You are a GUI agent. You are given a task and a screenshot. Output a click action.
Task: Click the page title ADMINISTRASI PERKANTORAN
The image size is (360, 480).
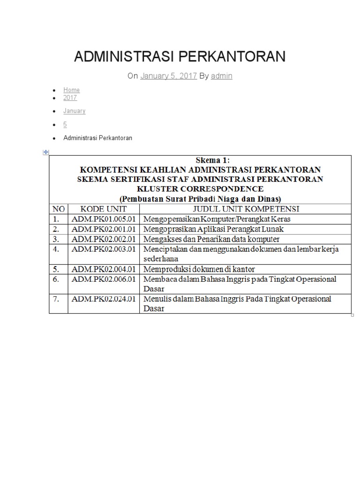tap(180, 57)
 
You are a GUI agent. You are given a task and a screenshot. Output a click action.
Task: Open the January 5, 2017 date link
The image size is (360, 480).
tap(168, 75)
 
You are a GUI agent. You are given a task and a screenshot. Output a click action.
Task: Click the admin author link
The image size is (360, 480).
tap(222, 75)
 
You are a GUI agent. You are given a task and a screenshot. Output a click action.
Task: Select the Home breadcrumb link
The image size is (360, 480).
tap(72, 90)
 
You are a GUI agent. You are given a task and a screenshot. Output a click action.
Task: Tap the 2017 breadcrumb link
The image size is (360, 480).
tap(70, 98)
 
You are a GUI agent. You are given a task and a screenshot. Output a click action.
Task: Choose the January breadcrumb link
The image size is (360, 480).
tap(75, 111)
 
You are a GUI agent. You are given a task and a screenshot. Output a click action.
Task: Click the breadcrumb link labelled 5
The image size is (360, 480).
tap(65, 124)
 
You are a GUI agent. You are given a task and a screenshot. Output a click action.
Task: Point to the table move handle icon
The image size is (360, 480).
tap(46, 152)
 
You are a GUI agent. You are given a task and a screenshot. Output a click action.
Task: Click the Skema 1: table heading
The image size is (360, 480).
tap(200, 160)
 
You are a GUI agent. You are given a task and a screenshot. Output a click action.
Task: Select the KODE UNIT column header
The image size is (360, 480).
tap(104, 209)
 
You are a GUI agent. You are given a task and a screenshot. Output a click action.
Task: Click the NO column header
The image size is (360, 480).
tap(59, 209)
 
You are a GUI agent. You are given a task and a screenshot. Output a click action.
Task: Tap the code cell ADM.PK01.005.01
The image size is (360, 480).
tap(104, 219)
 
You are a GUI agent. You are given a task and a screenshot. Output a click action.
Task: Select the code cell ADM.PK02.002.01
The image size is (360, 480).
tap(104, 239)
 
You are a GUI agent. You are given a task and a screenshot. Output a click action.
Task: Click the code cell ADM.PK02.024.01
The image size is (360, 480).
tap(104, 299)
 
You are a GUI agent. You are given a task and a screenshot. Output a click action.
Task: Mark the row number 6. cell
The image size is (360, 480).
tap(56, 279)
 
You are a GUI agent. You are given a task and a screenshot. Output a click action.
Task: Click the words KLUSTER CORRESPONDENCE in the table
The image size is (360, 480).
tap(200, 189)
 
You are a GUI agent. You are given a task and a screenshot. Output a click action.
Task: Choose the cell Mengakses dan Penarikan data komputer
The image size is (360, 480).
tap(212, 239)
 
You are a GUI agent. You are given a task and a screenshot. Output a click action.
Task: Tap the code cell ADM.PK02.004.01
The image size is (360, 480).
tap(104, 269)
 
